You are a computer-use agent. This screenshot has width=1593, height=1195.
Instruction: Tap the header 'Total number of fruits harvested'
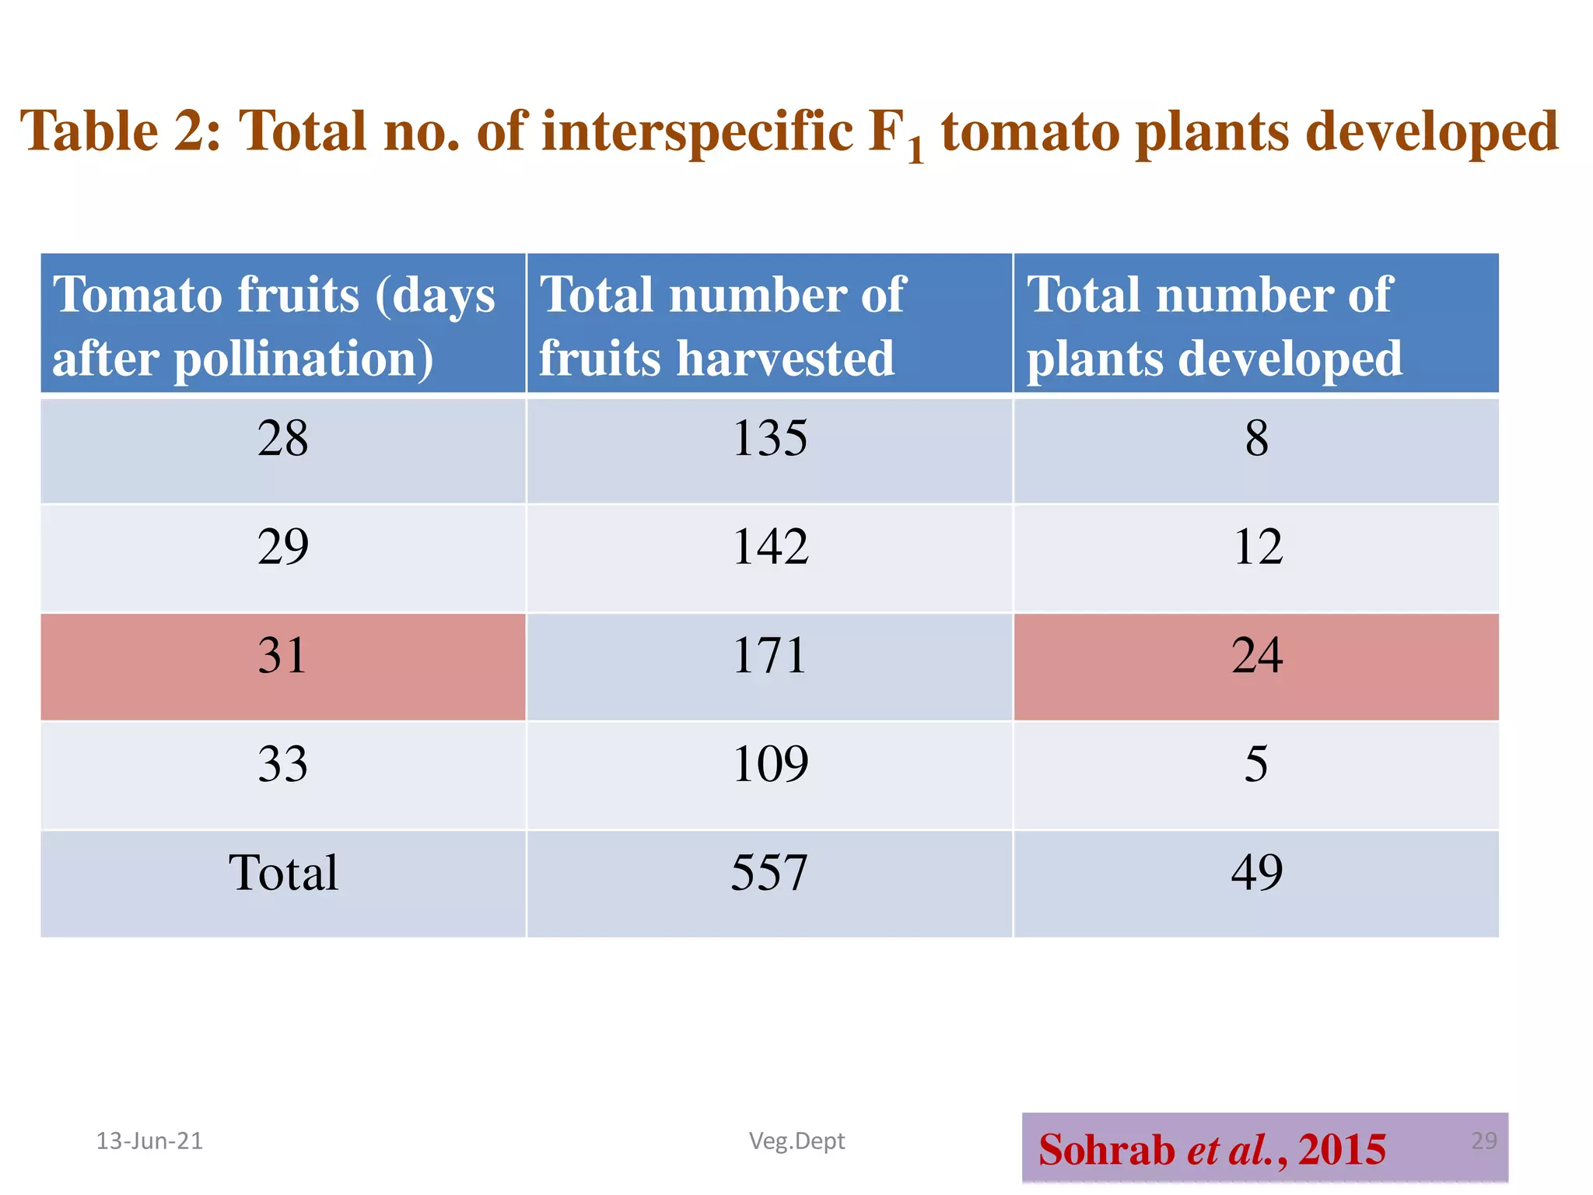770,325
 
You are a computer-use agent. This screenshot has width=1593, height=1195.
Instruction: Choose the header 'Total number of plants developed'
1256,325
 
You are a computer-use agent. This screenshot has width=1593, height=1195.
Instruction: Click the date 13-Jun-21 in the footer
149,1141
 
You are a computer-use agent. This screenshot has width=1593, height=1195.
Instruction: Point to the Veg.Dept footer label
796,1141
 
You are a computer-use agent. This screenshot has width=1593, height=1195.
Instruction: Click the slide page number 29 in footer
1483,1141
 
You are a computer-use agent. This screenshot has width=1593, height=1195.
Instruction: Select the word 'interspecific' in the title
698,131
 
